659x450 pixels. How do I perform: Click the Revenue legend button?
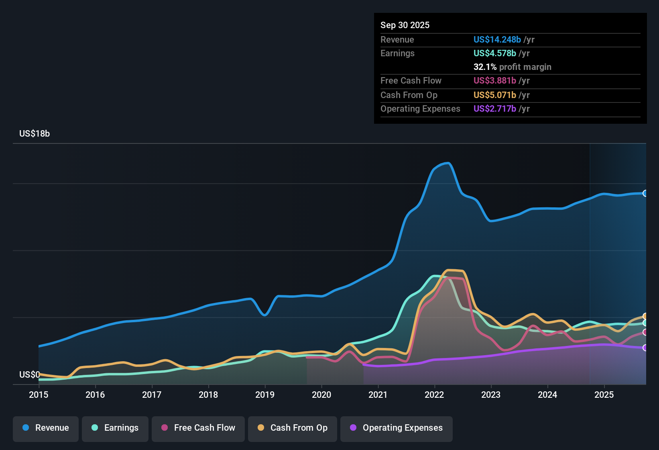(46, 428)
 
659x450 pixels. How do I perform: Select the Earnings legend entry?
(115, 428)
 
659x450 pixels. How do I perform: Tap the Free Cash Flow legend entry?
(198, 428)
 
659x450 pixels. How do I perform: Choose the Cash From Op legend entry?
(293, 428)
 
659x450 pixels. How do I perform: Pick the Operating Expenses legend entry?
(397, 428)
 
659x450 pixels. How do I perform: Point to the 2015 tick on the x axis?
(39, 395)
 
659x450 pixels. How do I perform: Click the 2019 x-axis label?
(265, 395)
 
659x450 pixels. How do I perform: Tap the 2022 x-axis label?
(434, 395)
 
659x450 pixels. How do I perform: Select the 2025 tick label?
(604, 395)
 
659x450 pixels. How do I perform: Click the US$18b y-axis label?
(35, 134)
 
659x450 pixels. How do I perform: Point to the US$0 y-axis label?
(29, 375)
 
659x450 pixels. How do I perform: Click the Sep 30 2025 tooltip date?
(405, 25)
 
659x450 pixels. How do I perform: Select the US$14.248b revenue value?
(497, 39)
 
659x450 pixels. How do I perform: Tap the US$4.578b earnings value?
(494, 53)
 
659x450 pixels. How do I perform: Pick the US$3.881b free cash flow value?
(494, 80)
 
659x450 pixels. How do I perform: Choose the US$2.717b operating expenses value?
(494, 108)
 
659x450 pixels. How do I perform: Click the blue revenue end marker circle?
(645, 193)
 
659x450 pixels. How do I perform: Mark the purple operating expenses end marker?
(645, 348)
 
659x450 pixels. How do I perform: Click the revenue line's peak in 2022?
(448, 163)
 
